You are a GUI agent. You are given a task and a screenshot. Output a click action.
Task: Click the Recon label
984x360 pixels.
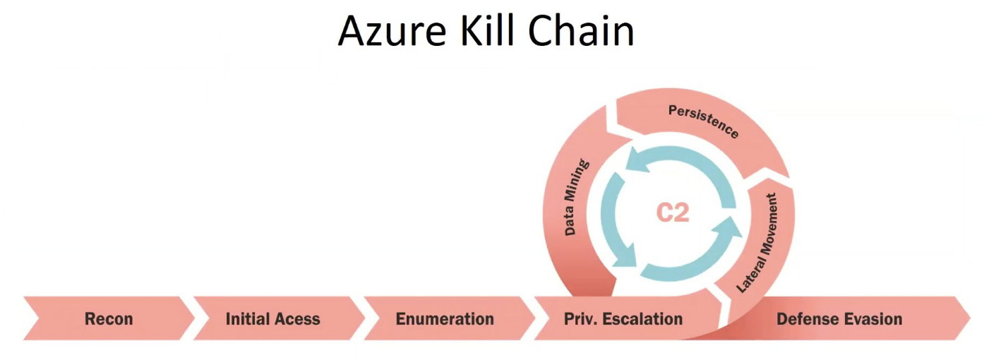click(x=109, y=319)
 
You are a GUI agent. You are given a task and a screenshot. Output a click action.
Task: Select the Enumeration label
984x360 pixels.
click(x=445, y=319)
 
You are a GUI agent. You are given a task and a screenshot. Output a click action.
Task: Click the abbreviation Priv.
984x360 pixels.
click(x=581, y=319)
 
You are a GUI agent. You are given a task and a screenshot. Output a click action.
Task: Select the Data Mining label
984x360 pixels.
click(x=576, y=197)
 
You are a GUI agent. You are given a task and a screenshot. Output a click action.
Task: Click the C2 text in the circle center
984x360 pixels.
click(x=672, y=212)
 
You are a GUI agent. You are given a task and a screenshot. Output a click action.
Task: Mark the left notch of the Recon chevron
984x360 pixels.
click(x=35, y=318)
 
